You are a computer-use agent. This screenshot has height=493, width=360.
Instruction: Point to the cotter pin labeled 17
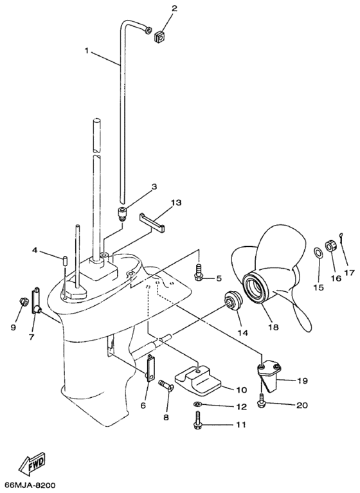point(344,235)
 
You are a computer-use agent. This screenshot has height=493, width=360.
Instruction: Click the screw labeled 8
point(163,385)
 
